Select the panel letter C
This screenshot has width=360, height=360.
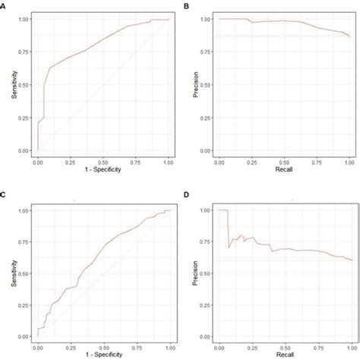[4, 196]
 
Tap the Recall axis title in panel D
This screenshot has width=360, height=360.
[284, 352]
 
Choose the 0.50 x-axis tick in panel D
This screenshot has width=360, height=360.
[284, 344]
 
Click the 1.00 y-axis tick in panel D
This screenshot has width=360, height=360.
[207, 210]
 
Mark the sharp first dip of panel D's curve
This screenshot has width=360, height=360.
[229, 247]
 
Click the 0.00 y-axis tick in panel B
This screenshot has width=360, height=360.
[207, 150]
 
